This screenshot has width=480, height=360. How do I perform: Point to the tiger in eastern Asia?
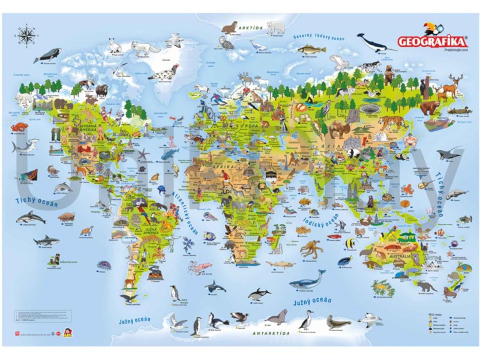tap(397, 122)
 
